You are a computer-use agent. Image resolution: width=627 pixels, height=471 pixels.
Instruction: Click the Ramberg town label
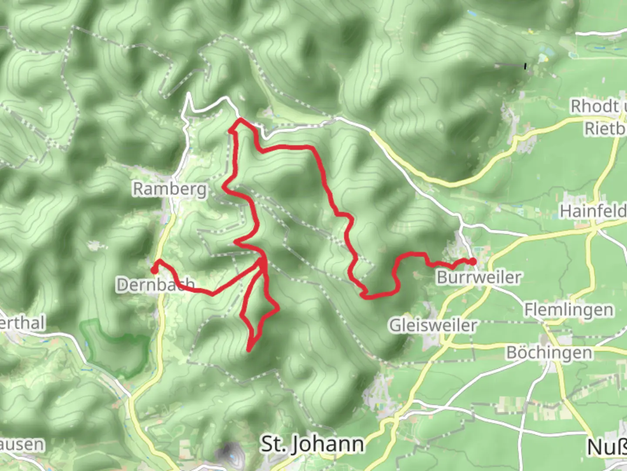tap(169, 189)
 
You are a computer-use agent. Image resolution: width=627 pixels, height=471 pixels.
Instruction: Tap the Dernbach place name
tap(155, 285)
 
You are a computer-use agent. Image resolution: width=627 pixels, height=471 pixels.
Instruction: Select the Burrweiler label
tap(479, 277)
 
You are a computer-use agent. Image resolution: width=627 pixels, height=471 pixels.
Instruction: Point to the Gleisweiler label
tap(433, 325)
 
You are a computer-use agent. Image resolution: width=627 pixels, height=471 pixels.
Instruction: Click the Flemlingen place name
tap(569, 310)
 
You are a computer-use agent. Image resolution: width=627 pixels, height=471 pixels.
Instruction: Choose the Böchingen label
tap(549, 352)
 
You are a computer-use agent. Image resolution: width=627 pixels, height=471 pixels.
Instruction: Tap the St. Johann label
tap(312, 444)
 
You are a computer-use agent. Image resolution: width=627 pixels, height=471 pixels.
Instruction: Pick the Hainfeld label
tap(593, 211)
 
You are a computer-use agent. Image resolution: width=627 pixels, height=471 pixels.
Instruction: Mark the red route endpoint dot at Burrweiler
tap(473, 262)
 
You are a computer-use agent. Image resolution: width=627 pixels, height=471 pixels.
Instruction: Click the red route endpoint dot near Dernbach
tap(154, 270)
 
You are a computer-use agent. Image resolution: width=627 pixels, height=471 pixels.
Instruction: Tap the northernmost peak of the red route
tap(240, 119)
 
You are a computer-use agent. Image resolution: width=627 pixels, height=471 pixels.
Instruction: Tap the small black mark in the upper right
tap(526, 66)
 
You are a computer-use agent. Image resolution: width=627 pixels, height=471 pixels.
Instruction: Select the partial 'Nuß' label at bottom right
tap(607, 447)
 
